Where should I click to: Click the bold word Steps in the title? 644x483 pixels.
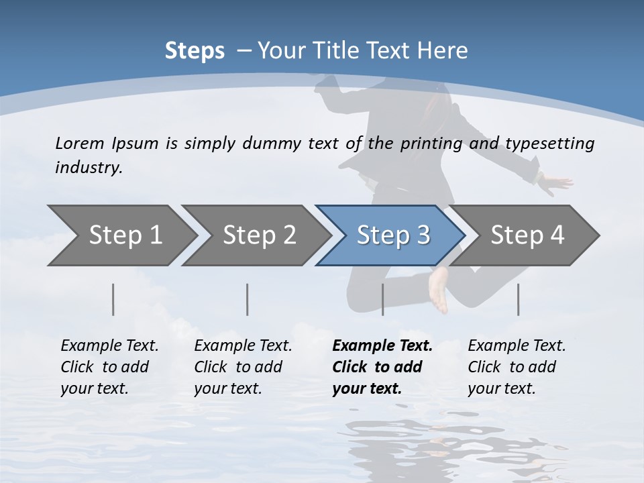[x=195, y=51]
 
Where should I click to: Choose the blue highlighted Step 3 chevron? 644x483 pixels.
[x=392, y=235]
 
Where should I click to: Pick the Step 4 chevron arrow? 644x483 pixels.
[x=527, y=235]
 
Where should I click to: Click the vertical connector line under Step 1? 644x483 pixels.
[x=113, y=299]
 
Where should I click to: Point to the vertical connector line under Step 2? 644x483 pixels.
[x=248, y=299]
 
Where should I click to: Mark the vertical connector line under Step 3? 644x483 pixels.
[x=382, y=299]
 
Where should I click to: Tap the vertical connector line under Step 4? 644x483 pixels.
[x=518, y=299]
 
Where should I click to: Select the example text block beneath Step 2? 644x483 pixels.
[x=242, y=367]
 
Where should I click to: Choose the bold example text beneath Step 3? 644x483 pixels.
[x=382, y=367]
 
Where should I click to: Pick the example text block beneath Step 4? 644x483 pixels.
[x=516, y=367]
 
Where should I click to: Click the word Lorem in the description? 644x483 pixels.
[x=80, y=143]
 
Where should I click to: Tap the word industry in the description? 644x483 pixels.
[x=89, y=168]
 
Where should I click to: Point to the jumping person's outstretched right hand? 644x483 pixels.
[x=557, y=181]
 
